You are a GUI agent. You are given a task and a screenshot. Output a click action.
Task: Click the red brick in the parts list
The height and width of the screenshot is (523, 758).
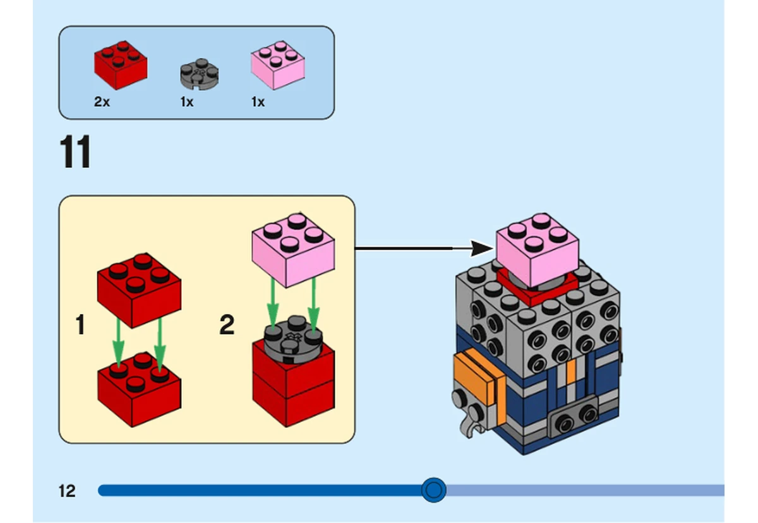121,66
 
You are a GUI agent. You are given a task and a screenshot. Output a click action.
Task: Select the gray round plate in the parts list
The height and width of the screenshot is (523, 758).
200,74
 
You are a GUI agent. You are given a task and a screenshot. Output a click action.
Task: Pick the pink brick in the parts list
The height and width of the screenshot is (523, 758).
278,65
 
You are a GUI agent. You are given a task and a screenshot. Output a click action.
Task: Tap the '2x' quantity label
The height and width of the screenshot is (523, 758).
102,102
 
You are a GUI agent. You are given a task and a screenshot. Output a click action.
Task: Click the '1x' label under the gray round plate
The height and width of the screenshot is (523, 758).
187,102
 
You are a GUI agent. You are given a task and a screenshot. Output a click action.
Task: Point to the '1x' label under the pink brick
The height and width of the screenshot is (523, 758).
258,102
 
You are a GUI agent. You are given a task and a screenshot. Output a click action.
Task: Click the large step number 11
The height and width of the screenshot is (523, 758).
75,152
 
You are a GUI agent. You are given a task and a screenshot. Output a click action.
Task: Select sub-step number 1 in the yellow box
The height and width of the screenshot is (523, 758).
80,325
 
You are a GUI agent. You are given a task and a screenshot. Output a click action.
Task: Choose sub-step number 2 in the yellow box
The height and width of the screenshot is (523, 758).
227,325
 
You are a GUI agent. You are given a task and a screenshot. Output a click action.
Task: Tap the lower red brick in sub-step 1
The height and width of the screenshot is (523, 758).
139,389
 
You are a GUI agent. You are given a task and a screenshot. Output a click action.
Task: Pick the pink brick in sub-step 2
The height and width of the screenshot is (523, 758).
293,250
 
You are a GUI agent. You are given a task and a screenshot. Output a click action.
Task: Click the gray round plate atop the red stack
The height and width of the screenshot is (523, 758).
293,339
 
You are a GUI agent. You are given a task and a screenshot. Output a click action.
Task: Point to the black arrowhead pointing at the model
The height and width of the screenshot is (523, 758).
482,249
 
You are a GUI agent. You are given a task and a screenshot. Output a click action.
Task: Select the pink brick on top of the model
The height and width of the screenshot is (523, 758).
538,250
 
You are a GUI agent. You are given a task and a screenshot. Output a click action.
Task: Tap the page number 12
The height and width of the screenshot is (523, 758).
67,491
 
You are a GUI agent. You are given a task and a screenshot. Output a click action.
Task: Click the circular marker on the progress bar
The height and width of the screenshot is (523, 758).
434,490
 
